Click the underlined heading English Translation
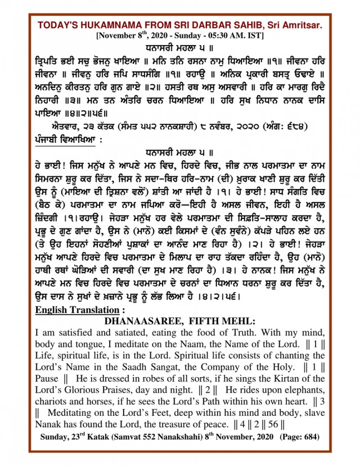coord(78,310)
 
